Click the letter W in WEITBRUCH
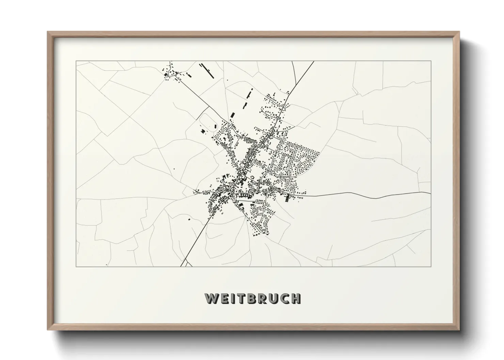(211, 298)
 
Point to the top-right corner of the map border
(431, 61)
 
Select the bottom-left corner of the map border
(76, 266)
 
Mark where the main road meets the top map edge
(313, 62)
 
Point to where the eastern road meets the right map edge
(430, 193)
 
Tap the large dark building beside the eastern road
(287, 198)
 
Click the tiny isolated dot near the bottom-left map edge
(106, 264)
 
